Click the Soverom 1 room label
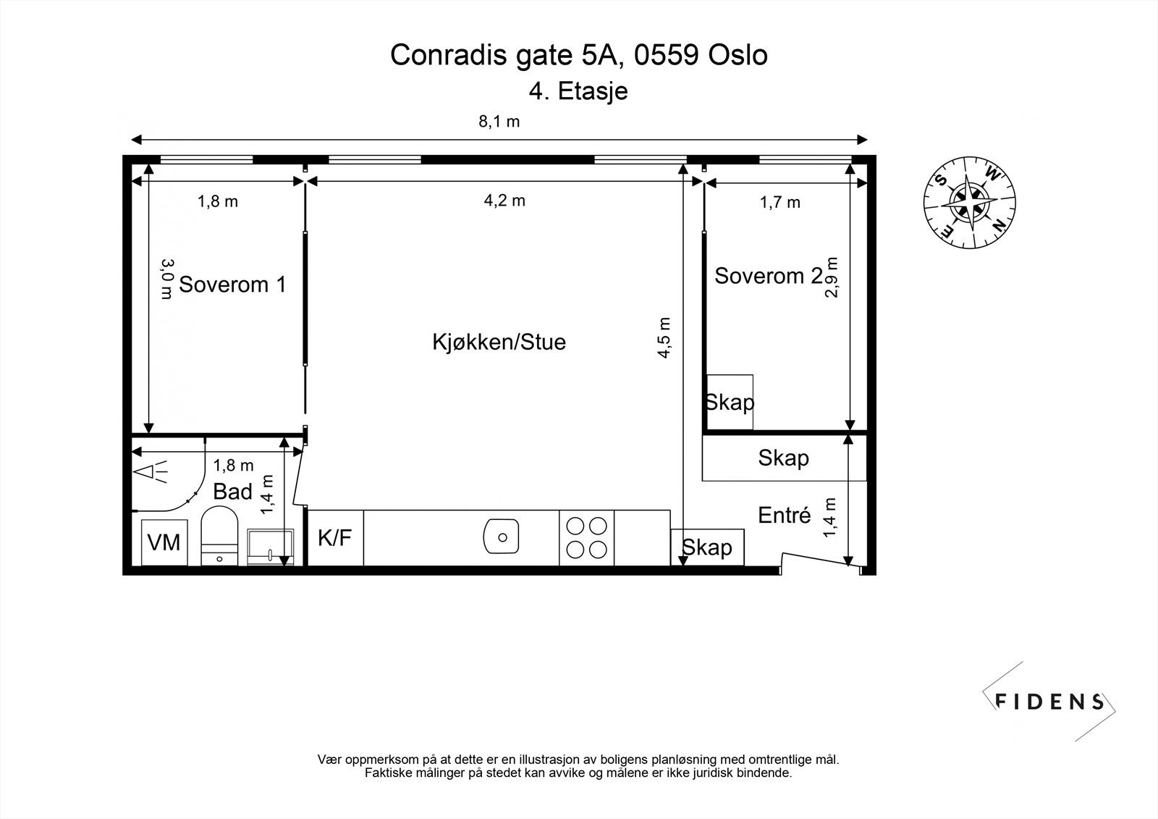coord(232,284)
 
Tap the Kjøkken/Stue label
coord(499,342)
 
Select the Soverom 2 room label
coord(767,275)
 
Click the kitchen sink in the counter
coord(501,537)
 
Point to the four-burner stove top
coord(586,537)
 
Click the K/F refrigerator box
coord(335,538)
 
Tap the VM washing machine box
coord(164,542)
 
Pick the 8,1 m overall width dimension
coord(499,122)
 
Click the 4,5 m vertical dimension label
coord(664,337)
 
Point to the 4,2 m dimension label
coord(504,201)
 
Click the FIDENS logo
coord(1049,701)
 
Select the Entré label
coord(785,516)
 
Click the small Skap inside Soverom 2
coord(730,402)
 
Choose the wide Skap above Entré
coord(783,458)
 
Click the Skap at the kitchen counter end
coord(707,547)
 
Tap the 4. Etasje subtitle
coord(578,91)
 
